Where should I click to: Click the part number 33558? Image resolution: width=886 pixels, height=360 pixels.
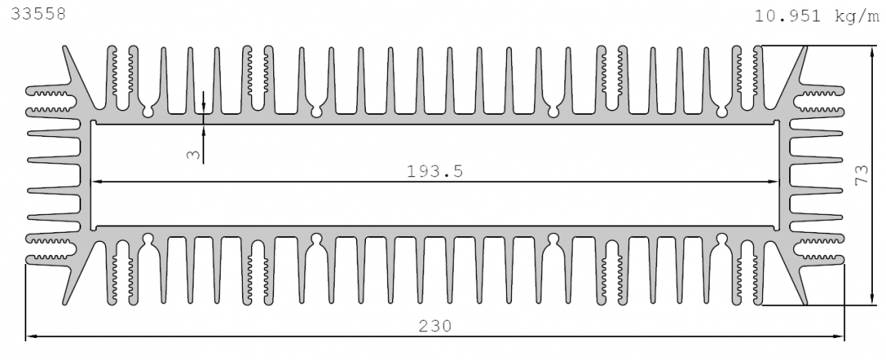click(x=39, y=14)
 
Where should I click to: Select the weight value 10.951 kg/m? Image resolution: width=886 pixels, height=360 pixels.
click(x=817, y=16)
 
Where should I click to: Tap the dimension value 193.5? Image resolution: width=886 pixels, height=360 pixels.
click(x=435, y=171)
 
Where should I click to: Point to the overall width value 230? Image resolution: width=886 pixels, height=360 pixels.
click(x=435, y=326)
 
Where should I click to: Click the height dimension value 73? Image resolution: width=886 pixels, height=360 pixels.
click(x=861, y=175)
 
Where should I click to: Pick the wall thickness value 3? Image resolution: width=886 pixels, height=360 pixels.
click(x=194, y=153)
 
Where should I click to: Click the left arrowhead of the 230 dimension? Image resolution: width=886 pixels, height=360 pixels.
click(x=32, y=337)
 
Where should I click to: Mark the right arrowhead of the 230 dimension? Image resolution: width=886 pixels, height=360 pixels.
click(x=838, y=337)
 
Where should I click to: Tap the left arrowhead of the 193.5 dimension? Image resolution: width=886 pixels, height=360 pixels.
click(x=97, y=182)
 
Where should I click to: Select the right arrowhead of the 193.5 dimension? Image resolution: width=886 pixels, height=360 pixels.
click(x=773, y=182)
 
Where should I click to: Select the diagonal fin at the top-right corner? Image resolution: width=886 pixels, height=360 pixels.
click(x=791, y=79)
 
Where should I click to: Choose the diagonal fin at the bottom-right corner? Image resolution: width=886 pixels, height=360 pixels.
click(x=791, y=272)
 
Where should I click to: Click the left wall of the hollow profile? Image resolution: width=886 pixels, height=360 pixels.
click(x=86, y=175)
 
